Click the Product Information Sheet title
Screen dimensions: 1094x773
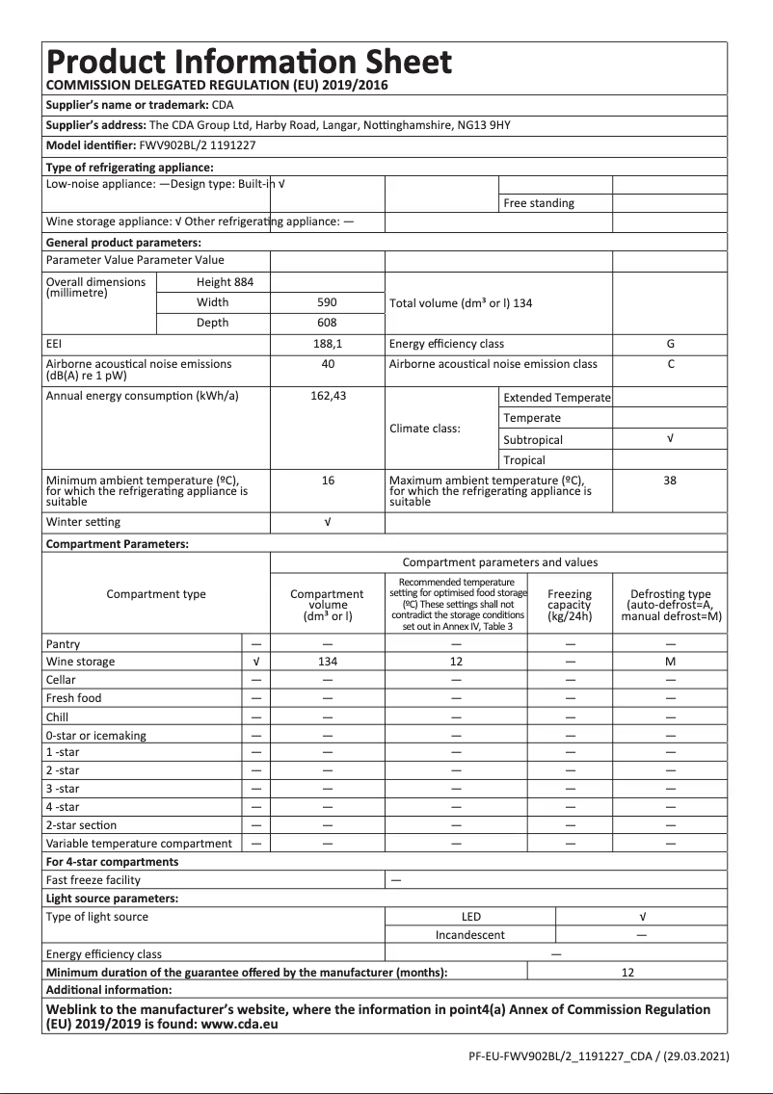[249, 63]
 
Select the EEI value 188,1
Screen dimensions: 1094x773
[327, 344]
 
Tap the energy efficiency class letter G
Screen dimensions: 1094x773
[670, 344]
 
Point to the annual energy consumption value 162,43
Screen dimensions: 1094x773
[327, 396]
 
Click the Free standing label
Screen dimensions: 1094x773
[538, 203]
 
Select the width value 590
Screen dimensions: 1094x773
[327, 302]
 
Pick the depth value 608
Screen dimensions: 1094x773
[327, 323]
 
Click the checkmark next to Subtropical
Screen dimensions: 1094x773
[670, 439]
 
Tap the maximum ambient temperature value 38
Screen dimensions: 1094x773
[670, 480]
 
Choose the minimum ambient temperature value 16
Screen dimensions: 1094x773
[327, 480]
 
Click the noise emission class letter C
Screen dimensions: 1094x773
[670, 364]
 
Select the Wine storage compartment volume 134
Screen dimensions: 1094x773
[327, 662]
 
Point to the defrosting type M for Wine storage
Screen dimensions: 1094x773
[670, 662]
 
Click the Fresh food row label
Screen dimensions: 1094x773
[73, 698]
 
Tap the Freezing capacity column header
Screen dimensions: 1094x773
[569, 605]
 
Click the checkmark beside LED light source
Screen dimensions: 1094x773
[642, 917]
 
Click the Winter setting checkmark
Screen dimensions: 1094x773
[327, 522]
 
